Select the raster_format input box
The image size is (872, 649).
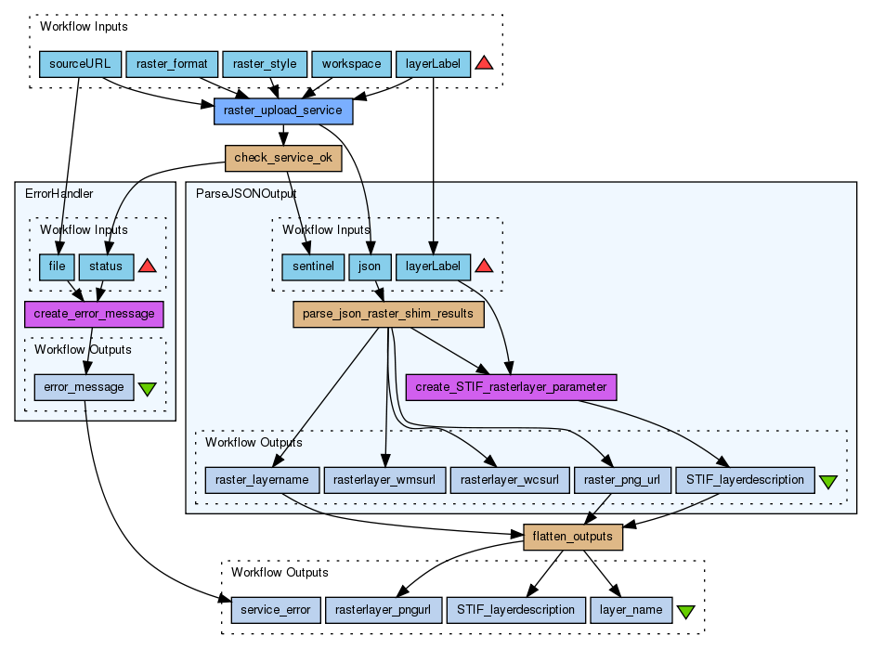(x=172, y=64)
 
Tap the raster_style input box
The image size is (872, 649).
(x=265, y=64)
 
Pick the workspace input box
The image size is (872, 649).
(x=351, y=64)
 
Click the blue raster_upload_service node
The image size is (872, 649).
(x=283, y=111)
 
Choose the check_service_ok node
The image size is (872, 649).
(x=283, y=158)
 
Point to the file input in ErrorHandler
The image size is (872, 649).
(x=58, y=266)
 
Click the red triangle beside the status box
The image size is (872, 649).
(x=146, y=266)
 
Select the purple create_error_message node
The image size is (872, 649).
(x=94, y=314)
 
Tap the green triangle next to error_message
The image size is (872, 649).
(x=147, y=388)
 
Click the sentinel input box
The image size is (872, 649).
(x=313, y=266)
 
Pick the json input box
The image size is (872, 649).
(x=370, y=266)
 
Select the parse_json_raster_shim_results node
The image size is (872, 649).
(x=388, y=314)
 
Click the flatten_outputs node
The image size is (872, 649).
(x=573, y=537)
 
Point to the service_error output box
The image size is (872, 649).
(x=276, y=610)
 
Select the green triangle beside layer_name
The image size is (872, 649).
(x=685, y=612)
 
